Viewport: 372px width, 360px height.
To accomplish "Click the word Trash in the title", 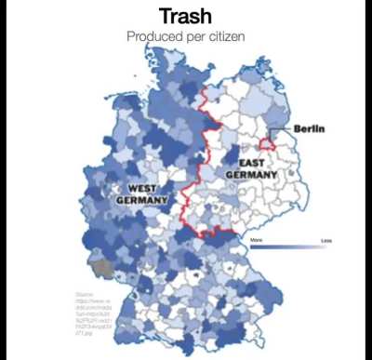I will click(x=186, y=16).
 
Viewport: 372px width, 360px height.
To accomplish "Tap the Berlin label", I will click(x=308, y=127).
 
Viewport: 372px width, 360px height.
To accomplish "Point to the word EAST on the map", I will click(x=250, y=162).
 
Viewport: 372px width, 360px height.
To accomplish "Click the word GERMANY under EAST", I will click(x=251, y=174).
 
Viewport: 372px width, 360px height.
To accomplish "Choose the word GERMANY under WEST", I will click(x=141, y=199).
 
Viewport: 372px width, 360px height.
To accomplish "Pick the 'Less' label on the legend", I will click(x=325, y=239).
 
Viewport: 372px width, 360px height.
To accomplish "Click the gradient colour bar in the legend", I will click(x=290, y=246).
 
